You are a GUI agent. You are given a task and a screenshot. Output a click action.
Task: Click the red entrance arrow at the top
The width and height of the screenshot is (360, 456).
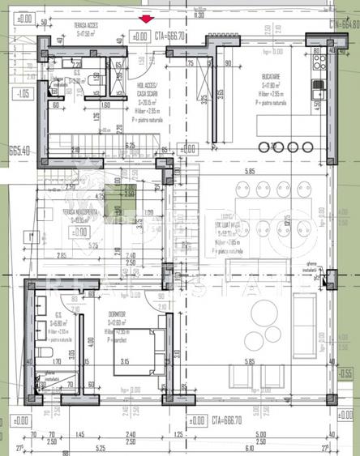(x=146, y=19)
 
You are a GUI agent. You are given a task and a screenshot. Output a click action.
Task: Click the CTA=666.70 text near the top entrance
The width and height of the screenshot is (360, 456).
(x=170, y=36)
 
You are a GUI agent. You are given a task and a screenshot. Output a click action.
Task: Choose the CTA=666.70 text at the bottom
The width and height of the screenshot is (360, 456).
(x=228, y=420)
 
